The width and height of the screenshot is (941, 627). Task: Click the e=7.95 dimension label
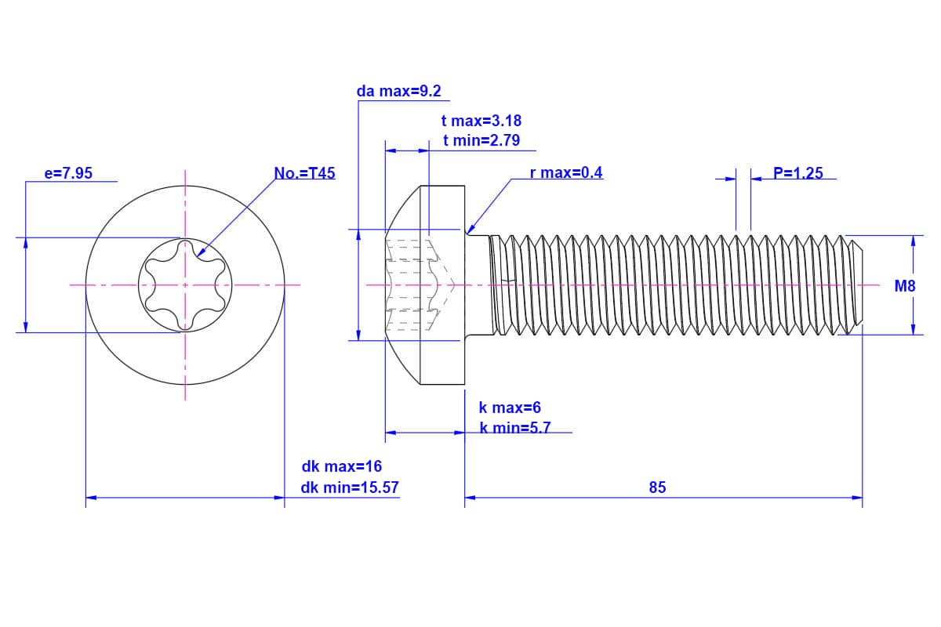click(x=67, y=173)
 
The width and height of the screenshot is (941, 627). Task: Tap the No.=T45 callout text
click(x=304, y=173)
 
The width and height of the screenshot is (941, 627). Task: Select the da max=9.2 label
click(x=398, y=91)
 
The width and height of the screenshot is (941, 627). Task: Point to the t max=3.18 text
click(x=481, y=121)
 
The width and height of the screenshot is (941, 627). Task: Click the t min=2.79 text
click(x=480, y=140)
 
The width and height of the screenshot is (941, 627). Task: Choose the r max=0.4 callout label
click(x=566, y=172)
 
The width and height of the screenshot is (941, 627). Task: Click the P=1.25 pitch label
click(x=797, y=173)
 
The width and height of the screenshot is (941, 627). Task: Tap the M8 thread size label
click(x=905, y=286)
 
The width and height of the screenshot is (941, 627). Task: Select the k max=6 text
click(x=510, y=408)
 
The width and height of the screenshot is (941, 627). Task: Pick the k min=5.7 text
click(x=514, y=428)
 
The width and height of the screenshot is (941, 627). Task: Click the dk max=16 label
click(x=342, y=466)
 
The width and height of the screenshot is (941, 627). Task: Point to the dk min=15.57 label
click(x=350, y=487)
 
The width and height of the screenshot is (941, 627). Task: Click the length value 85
click(x=657, y=487)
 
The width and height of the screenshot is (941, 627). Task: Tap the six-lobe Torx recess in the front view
click(x=186, y=285)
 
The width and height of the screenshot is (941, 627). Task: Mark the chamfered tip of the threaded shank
click(x=856, y=285)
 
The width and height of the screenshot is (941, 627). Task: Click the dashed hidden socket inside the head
click(x=419, y=285)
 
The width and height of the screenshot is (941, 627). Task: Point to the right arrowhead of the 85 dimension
click(x=857, y=497)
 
